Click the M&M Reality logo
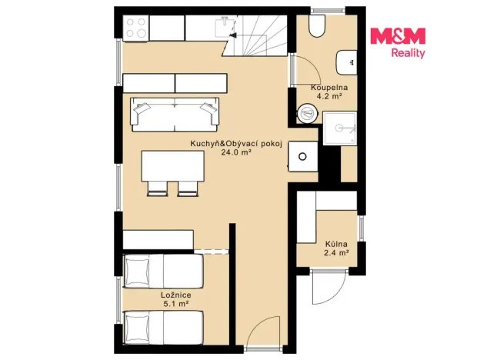tap(398, 43)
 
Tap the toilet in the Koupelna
tap(317, 25)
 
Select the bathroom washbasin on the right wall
tap(346, 62)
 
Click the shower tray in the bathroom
tap(340, 128)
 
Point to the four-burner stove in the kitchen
tap(136, 28)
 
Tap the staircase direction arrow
tap(232, 35)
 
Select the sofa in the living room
tap(175, 115)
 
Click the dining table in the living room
tap(172, 165)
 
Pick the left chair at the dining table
tap(158, 188)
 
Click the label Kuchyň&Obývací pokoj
tap(236, 144)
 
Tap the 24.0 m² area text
tap(236, 152)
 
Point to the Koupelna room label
tap(329, 87)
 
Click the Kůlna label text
tap(336, 245)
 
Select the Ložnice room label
tap(176, 295)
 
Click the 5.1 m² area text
tap(176, 304)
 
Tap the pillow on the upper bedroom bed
tap(137, 271)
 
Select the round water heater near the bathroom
tap(307, 113)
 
